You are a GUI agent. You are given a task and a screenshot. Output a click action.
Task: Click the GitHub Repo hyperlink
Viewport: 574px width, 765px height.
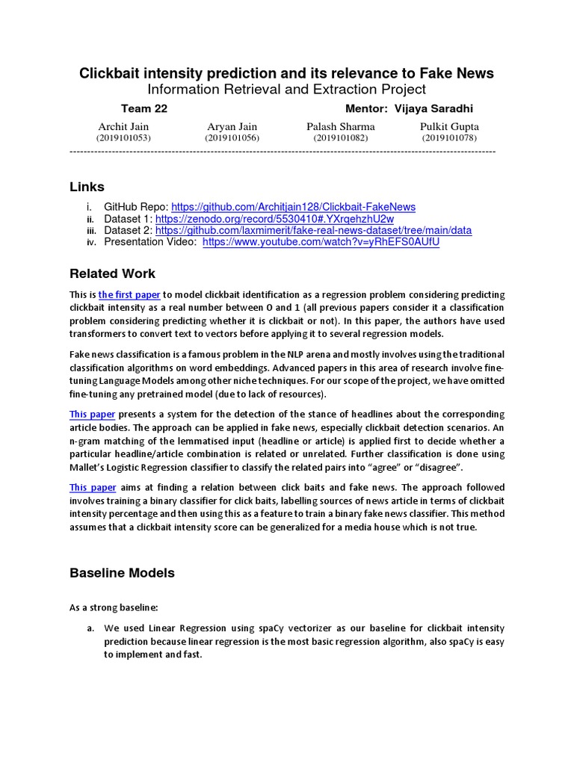point(293,207)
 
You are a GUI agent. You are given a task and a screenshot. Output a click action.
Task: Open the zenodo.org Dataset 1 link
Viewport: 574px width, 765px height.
point(274,219)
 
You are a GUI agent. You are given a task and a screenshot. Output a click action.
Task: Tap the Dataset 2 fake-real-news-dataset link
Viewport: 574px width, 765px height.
point(313,231)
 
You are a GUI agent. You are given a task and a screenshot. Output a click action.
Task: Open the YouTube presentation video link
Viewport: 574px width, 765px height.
point(321,243)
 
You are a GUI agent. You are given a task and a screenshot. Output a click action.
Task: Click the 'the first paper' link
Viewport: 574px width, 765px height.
point(129,295)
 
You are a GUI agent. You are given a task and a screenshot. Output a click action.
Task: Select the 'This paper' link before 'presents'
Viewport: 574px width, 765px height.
point(92,414)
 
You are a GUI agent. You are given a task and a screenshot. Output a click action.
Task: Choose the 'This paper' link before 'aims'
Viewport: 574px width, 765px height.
point(92,487)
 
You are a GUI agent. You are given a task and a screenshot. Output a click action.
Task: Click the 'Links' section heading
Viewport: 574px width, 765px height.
point(87,187)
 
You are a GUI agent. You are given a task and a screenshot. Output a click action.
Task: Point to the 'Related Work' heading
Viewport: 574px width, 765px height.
point(112,273)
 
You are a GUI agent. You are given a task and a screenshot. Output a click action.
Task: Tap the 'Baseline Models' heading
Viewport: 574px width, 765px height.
point(122,573)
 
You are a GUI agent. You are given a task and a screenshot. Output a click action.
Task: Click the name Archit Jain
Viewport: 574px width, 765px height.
point(123,126)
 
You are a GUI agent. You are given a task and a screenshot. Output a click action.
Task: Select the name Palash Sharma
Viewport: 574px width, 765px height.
point(341,126)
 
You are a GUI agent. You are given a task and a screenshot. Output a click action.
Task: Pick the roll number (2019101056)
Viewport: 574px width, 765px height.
point(232,138)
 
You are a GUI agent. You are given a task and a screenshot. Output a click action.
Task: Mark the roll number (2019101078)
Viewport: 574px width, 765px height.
point(449,138)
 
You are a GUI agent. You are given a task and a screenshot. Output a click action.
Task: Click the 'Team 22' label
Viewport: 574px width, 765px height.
point(143,109)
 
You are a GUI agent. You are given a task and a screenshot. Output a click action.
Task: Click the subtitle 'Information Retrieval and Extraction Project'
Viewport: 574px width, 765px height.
point(286,90)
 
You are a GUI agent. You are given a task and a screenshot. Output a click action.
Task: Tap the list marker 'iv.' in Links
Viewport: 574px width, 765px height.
point(91,243)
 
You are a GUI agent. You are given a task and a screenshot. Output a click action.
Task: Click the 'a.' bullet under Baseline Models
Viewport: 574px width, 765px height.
point(90,628)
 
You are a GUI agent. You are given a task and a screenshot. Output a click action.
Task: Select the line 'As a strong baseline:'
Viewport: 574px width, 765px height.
point(114,607)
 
